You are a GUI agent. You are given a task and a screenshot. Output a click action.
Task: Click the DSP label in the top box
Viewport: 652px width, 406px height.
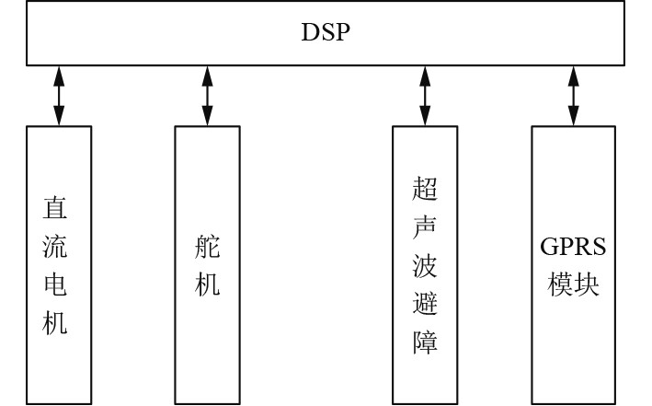pos(326,33)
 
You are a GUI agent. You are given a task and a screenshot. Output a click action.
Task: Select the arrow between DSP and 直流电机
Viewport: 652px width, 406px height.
pos(59,95)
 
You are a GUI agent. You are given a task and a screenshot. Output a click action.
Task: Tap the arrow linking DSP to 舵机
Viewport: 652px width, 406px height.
pos(207,95)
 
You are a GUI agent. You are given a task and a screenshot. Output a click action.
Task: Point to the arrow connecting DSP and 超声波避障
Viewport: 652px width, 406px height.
pos(425,95)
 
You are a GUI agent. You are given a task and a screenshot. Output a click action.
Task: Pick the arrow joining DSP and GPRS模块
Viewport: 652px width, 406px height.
pos(574,95)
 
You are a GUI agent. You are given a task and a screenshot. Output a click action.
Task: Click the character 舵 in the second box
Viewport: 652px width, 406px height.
pos(208,247)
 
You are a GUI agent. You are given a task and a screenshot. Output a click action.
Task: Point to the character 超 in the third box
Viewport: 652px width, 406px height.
pos(425,190)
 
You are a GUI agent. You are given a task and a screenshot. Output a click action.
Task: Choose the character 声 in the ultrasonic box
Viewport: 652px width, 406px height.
pos(425,227)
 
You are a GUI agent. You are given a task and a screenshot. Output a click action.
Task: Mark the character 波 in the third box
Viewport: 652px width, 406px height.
pos(425,266)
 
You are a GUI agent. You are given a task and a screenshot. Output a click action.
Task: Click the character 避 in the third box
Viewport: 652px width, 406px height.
pos(425,305)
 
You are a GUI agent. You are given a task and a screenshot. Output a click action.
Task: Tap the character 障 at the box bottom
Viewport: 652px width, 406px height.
pos(425,342)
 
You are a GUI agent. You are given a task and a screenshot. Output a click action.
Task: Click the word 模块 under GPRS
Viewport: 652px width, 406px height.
pos(574,284)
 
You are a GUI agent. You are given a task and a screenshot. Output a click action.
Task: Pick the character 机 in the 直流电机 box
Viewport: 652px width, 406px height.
pos(57,324)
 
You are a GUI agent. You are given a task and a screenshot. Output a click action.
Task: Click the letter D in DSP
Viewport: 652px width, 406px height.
pos(310,33)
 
